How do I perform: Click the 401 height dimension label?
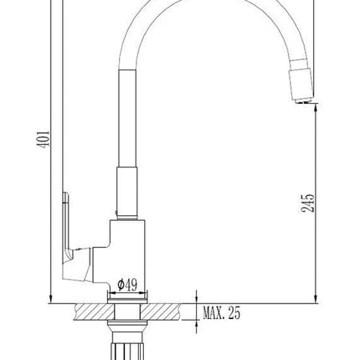[x=43, y=139]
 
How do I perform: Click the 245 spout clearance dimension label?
[x=308, y=203]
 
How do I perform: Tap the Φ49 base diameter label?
[x=128, y=285]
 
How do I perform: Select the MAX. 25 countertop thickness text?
[x=221, y=313]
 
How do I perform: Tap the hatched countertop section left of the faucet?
[x=94, y=311]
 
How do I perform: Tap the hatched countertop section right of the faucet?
[x=161, y=311]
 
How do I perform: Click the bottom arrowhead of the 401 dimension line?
[x=50, y=300]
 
